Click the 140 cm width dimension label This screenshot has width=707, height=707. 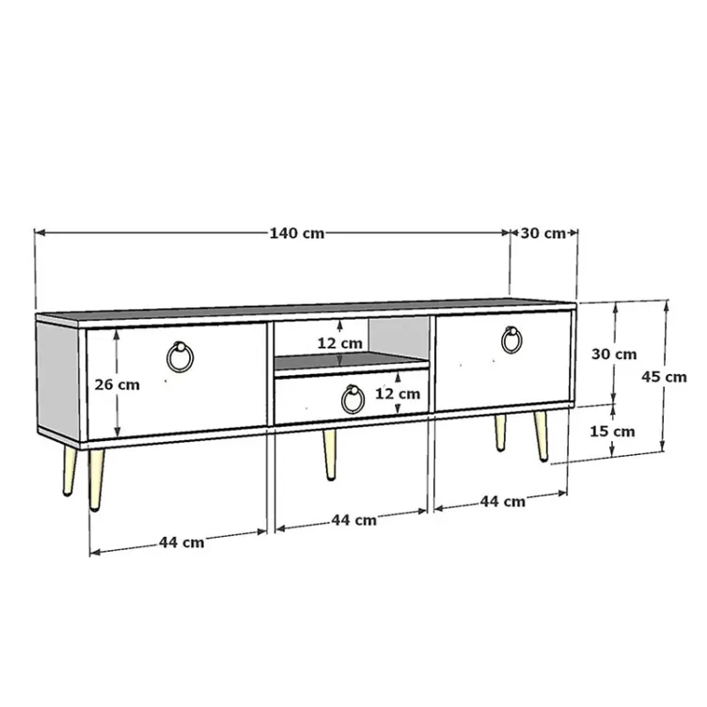[297, 233]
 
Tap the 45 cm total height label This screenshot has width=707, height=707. [664, 376]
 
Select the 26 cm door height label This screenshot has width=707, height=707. [118, 385]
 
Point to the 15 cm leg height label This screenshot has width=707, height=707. [612, 432]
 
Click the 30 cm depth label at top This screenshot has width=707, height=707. [542, 233]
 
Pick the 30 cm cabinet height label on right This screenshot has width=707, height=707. [614, 354]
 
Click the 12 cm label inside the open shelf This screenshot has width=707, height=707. [340, 343]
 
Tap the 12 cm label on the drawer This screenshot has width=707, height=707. [398, 394]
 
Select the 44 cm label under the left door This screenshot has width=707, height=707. [181, 542]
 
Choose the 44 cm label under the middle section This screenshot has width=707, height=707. [353, 520]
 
